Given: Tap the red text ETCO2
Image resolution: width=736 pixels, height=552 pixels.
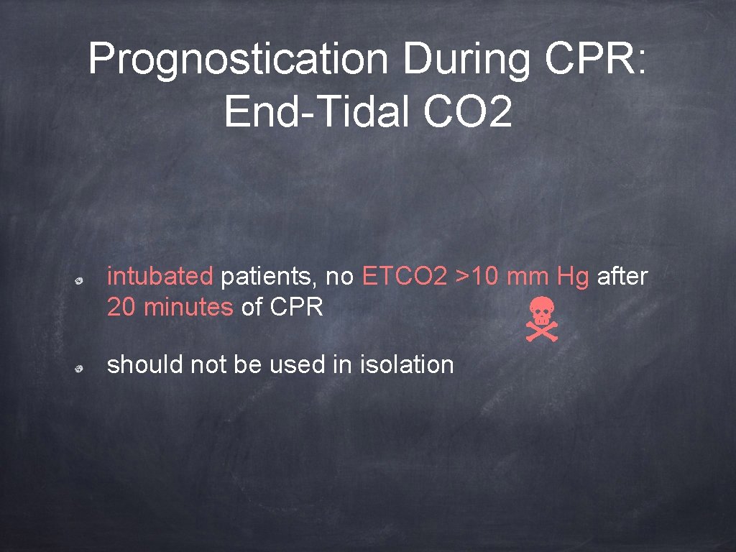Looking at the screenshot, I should click(x=405, y=276).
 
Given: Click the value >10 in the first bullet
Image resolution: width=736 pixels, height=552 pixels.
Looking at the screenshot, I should click(x=477, y=276).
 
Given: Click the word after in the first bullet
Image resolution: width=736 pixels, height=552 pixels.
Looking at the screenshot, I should click(x=622, y=276).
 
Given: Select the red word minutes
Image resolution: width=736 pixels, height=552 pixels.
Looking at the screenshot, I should click(x=188, y=308).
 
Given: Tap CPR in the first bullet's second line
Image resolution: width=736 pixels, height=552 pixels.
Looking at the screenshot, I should click(x=296, y=308).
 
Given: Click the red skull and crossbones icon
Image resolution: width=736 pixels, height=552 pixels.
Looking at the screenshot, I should click(x=540, y=320).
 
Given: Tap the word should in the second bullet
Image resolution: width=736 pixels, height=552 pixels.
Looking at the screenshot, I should click(x=145, y=364).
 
